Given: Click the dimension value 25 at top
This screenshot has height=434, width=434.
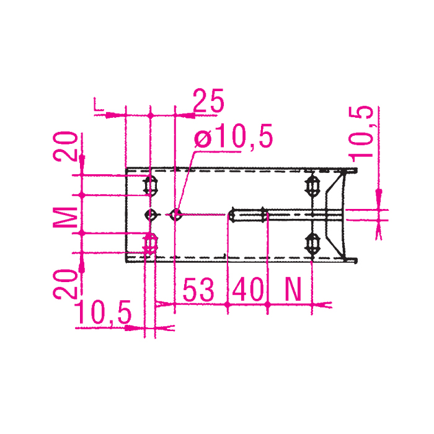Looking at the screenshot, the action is coord(208,100).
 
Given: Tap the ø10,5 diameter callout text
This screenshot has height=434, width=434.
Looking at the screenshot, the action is coord(233,136).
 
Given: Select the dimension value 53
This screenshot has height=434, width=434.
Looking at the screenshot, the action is coord(198,290).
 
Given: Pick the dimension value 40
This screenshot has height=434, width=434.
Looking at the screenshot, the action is coord(248,290).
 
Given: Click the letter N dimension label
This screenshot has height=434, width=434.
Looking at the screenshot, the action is coord(293,290).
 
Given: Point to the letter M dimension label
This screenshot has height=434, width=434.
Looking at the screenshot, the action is coord(65,217).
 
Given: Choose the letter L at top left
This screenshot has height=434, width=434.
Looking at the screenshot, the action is coord(99,104).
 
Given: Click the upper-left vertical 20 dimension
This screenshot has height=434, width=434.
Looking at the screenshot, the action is coord(65,146).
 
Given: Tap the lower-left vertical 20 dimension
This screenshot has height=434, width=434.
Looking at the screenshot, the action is coord(65,284).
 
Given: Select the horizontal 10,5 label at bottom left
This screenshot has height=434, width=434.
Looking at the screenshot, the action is coord(103,312).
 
